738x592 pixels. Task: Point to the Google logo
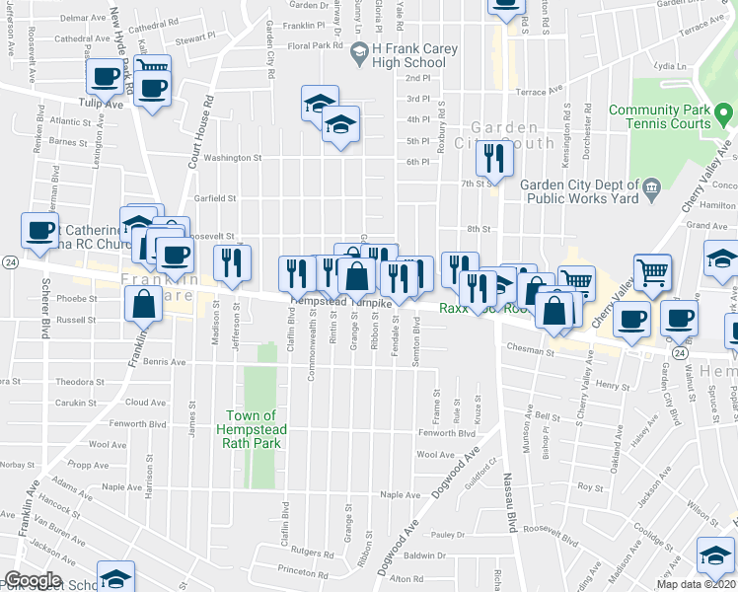click(x=33, y=580)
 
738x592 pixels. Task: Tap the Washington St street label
click(x=234, y=157)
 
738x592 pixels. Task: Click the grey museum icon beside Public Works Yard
click(x=651, y=188)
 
